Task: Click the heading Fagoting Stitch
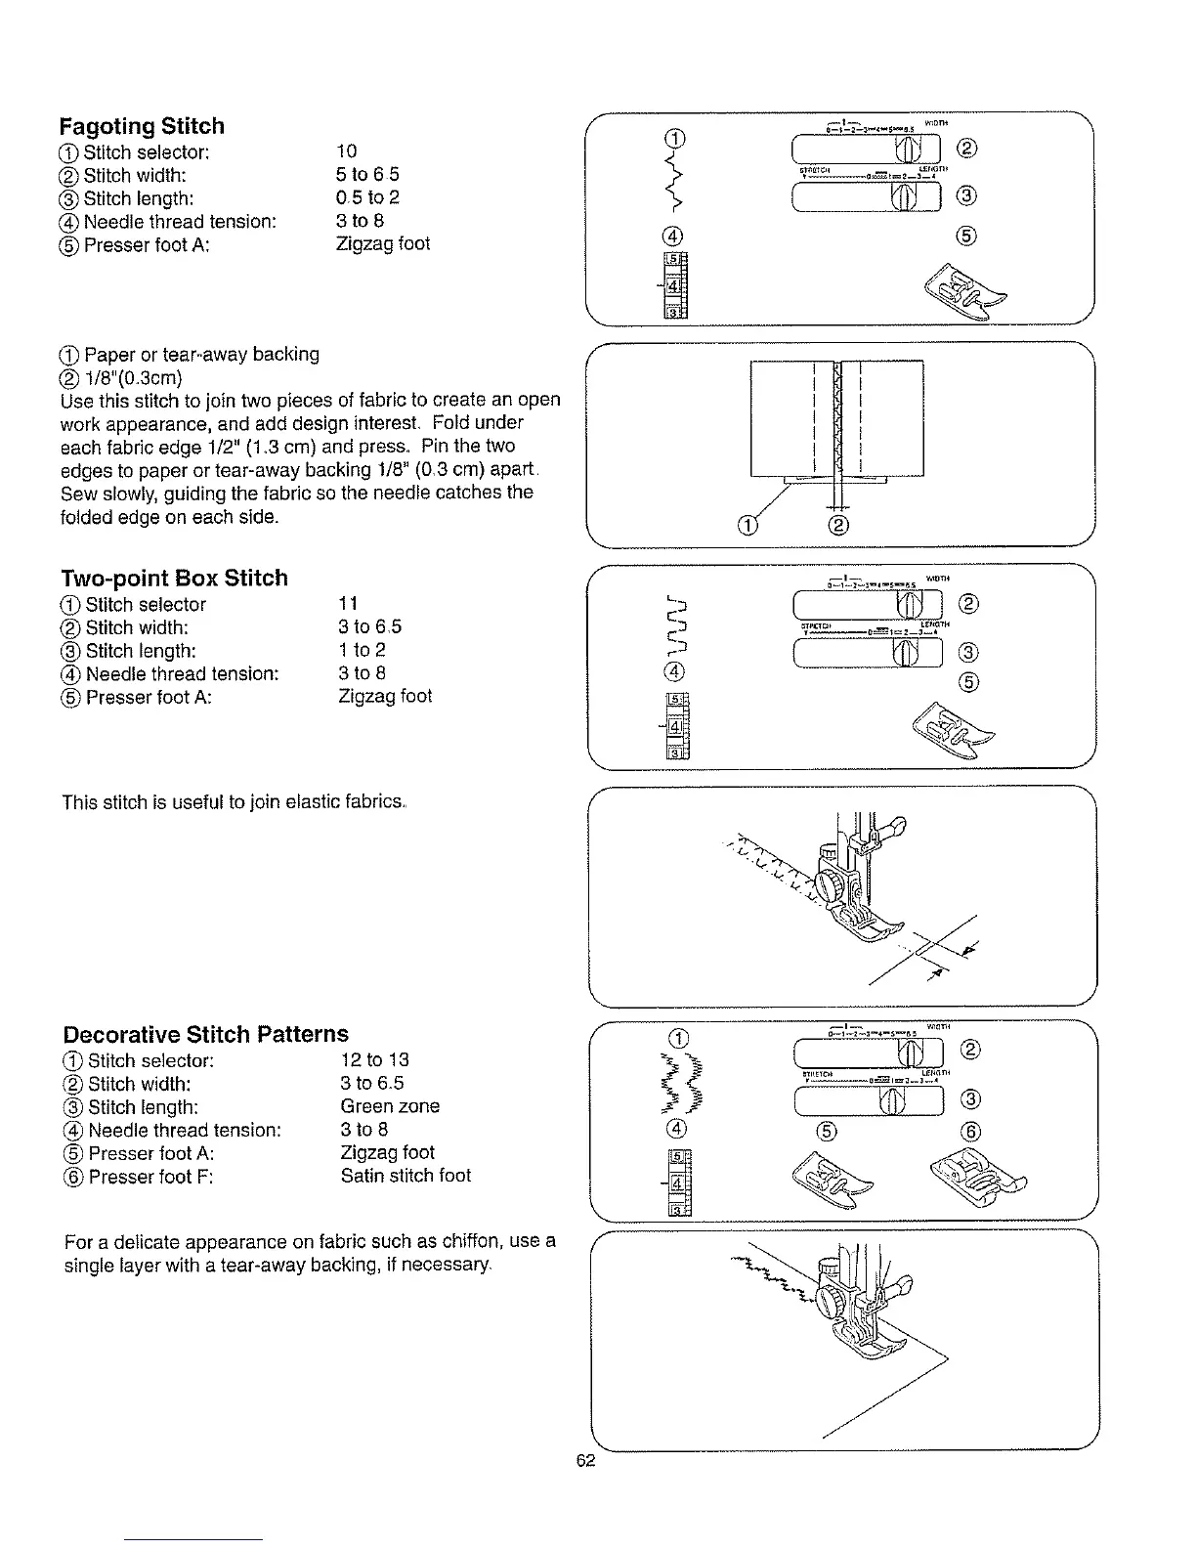[x=142, y=126]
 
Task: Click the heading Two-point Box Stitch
[x=174, y=578]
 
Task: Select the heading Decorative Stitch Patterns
[x=205, y=1034]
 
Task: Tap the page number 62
[x=585, y=1460]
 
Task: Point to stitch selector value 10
[x=346, y=150]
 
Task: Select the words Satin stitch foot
[x=406, y=1176]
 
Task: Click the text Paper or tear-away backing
[x=201, y=354]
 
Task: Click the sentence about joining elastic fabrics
[x=235, y=802]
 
